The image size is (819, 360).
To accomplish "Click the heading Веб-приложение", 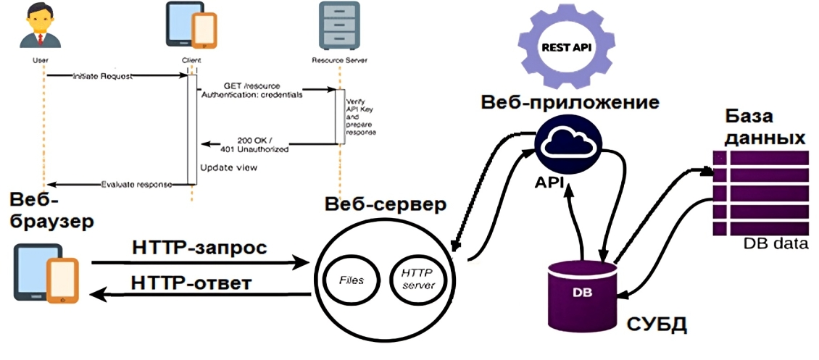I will coord(570,101).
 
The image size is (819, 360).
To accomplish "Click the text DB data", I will coord(775,244).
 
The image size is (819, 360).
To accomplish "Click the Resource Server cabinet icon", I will coord(338,25).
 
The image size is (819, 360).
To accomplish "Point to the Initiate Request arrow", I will coord(116,75).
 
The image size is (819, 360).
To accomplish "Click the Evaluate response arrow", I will coord(116,184).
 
